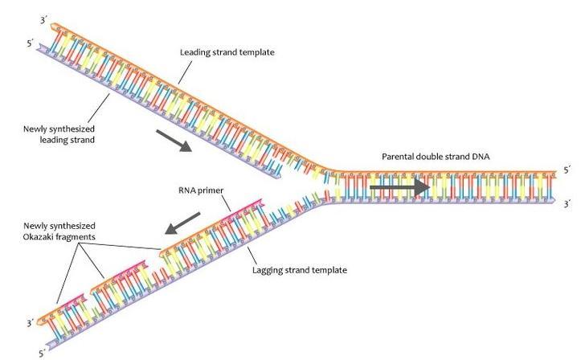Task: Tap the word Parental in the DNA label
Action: (x=400, y=155)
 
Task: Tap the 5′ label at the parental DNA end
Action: (x=567, y=170)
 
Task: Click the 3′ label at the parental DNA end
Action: (x=567, y=203)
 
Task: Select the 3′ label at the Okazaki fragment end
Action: (x=31, y=323)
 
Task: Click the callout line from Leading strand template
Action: (x=183, y=72)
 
